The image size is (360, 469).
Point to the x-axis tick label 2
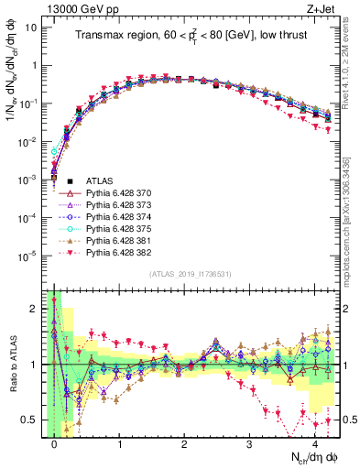pyautogui.click(x=184, y=442)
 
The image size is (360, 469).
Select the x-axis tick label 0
pyautogui.click(x=55, y=442)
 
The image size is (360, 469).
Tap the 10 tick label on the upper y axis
pyautogui.click(x=30, y=27)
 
